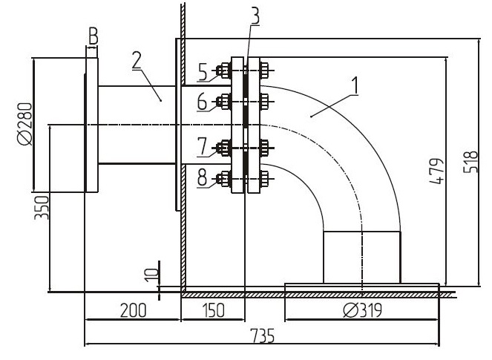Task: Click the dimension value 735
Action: [x=262, y=336]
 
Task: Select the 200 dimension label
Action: [x=134, y=311]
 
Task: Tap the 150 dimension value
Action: [x=214, y=311]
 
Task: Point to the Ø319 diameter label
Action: [x=362, y=311]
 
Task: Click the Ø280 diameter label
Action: [x=25, y=124]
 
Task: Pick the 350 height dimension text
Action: [x=42, y=207]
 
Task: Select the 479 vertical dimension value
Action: [x=436, y=171]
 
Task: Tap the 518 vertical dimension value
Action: [x=470, y=162]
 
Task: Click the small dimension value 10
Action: [x=153, y=275]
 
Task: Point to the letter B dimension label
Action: [x=94, y=36]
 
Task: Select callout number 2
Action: [x=137, y=60]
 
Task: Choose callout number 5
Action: [x=203, y=72]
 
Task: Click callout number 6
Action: [x=203, y=102]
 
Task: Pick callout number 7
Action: [x=203, y=146]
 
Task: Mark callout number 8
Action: [x=203, y=177]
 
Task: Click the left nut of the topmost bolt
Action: [x=225, y=71]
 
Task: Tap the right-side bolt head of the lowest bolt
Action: [x=264, y=179]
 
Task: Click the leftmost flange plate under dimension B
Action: [x=92, y=125]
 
